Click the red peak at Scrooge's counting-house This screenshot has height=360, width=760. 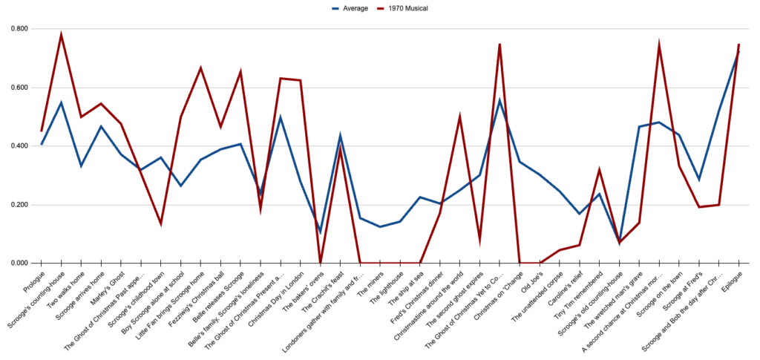tap(62, 34)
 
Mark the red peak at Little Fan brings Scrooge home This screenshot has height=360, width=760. tap(200, 68)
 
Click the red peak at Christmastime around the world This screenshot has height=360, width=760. tap(460, 116)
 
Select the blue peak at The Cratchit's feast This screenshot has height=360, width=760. tap(340, 136)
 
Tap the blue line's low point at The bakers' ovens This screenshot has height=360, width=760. tap(320, 232)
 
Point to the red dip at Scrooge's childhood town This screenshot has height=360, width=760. tap(161, 223)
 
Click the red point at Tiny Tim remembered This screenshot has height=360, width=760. tap(599, 170)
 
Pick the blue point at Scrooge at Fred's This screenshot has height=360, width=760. tap(698, 180)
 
